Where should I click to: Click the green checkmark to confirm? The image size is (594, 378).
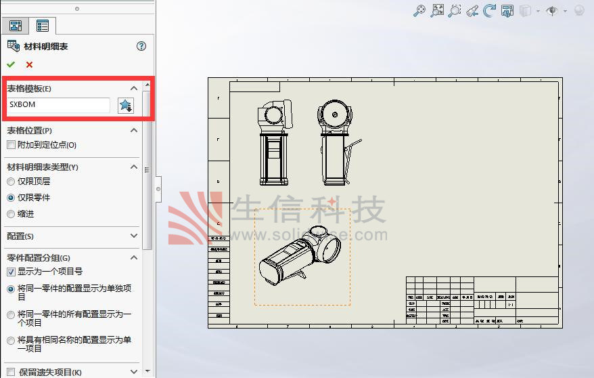pyautogui.click(x=10, y=64)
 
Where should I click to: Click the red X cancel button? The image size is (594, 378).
pyautogui.click(x=29, y=64)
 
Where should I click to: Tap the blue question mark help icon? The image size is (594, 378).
pyautogui.click(x=141, y=46)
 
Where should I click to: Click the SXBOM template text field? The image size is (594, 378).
pyautogui.click(x=59, y=105)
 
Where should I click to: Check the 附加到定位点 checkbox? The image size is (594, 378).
pyautogui.click(x=11, y=145)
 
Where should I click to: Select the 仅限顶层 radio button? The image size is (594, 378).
pyautogui.click(x=11, y=182)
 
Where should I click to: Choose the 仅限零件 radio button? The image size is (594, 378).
pyautogui.click(x=11, y=198)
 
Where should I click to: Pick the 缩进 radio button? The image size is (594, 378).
pyautogui.click(x=11, y=214)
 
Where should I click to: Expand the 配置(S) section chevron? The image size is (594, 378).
pyautogui.click(x=133, y=236)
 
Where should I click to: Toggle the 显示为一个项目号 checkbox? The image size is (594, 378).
pyautogui.click(x=11, y=272)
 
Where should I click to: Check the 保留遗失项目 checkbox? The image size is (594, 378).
pyautogui.click(x=11, y=372)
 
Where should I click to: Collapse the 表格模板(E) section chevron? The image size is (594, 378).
pyautogui.click(x=133, y=88)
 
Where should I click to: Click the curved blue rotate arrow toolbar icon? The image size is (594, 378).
pyautogui.click(x=489, y=11)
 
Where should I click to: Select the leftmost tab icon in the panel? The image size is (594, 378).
pyautogui.click(x=15, y=26)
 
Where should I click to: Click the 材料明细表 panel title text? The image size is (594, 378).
pyautogui.click(x=46, y=46)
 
